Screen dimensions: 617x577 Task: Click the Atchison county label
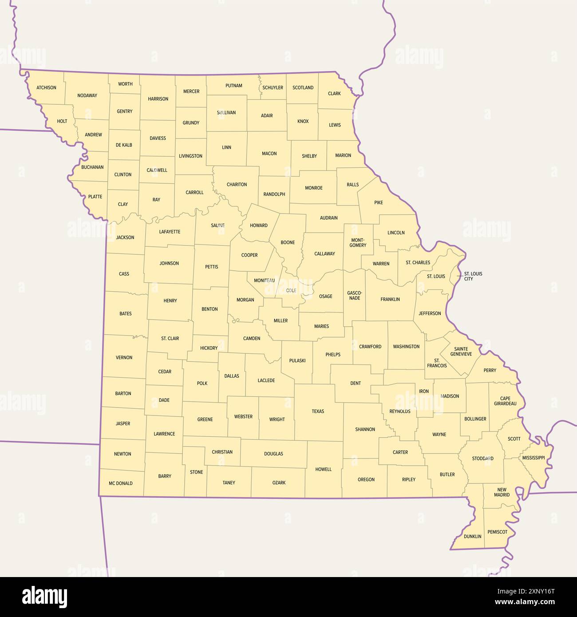pos(46,87)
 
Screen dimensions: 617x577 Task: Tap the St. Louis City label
pos(473,276)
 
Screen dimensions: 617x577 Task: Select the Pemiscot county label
pos(497,532)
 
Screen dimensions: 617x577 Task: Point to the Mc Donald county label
pos(121,483)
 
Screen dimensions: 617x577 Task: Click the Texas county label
pos(318,411)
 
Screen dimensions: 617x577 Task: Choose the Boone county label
pos(288,242)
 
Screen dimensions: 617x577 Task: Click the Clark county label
pos(334,94)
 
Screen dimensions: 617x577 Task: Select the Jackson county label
pos(125,237)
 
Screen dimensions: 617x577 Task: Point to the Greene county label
pos(205,419)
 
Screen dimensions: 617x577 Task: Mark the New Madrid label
pos(502,492)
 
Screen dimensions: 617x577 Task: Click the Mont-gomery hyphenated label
pos(358,242)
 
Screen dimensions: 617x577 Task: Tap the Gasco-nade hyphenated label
pos(355,295)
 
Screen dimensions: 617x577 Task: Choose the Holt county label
pos(62,121)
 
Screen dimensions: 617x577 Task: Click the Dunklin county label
pos(472,536)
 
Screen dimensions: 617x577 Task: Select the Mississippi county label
pos(533,458)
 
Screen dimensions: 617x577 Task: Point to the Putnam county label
pos(233,86)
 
